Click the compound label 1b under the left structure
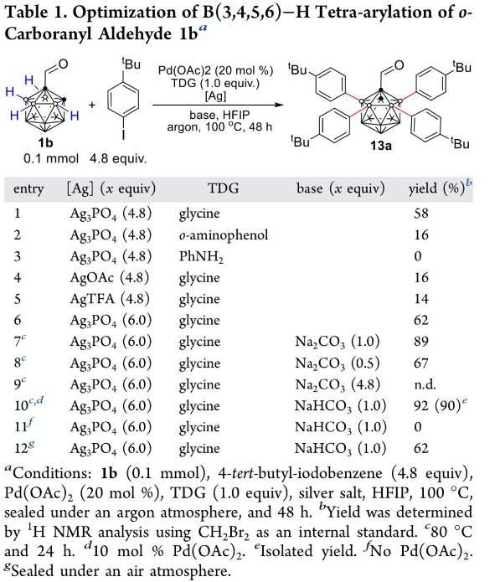pos(45,142)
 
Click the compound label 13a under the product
pos(381,146)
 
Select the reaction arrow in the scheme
pos(219,105)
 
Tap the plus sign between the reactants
pos(91,105)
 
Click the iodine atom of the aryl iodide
pos(123,134)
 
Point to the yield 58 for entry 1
pos(421,214)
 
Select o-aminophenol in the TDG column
pos(224,235)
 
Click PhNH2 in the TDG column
pos(201,256)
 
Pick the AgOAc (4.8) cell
pos(110,278)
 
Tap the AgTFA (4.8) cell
pos(110,299)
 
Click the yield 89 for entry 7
pos(421,342)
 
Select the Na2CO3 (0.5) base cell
pos(337,363)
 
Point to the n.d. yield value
pos(425,384)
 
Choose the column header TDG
pos(223,188)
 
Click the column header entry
pos(28,189)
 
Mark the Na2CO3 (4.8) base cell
pos(337,384)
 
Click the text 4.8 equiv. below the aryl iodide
pos(118,159)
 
